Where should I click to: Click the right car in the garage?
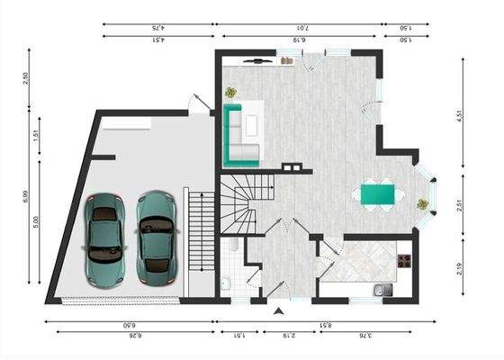click(x=155, y=234)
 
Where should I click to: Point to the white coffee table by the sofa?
click(x=253, y=126)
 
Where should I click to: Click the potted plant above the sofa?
click(x=231, y=92)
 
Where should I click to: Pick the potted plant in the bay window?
click(x=421, y=204)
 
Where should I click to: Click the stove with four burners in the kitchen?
click(x=404, y=261)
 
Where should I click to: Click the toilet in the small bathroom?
click(x=227, y=285)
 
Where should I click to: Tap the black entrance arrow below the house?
click(x=280, y=310)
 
